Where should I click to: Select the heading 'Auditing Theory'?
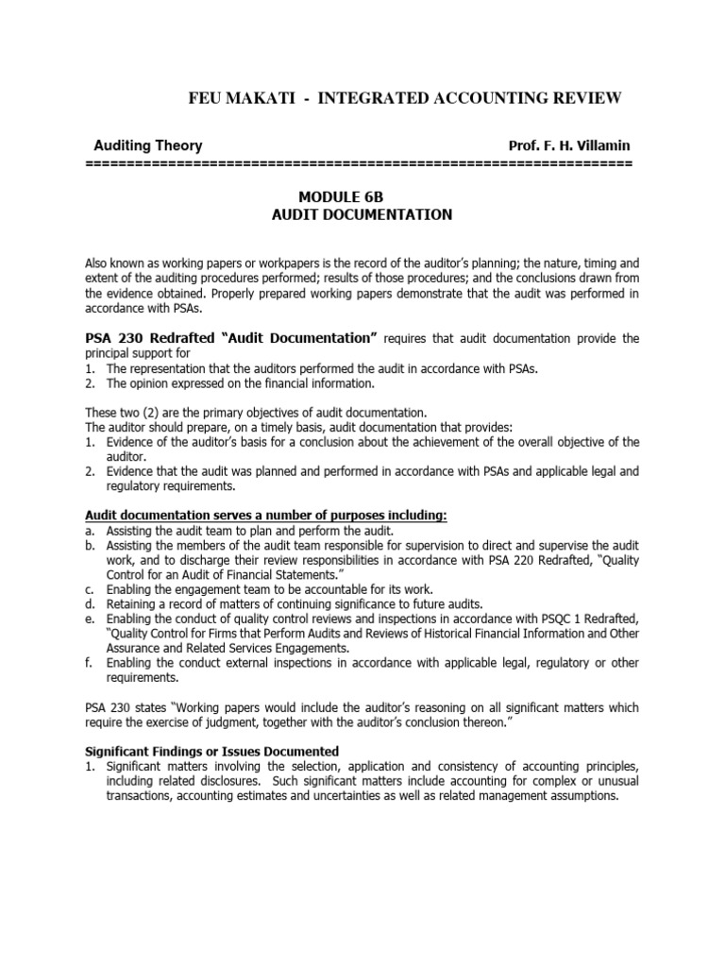point(147,145)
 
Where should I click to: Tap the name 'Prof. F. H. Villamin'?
point(569,145)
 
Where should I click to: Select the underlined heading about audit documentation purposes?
point(266,514)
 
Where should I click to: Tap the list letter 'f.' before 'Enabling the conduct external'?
point(89,662)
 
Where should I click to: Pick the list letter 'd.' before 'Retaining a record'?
point(90,604)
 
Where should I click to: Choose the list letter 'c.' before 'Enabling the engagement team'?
point(90,589)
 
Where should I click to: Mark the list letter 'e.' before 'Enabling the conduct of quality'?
point(90,619)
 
